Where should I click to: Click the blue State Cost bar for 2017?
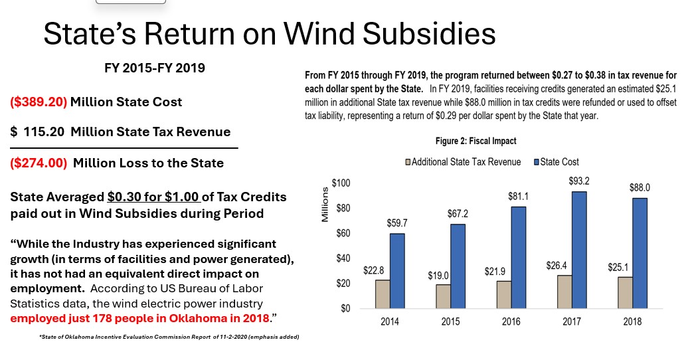[x=579, y=250]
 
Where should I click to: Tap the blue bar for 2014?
[x=397, y=270]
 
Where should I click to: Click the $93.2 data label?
[x=579, y=181]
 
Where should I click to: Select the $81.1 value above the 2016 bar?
[x=518, y=197]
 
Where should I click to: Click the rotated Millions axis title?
[x=325, y=205]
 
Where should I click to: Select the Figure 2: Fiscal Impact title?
[x=475, y=141]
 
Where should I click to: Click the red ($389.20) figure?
[x=39, y=102]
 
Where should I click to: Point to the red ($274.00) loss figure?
[x=39, y=163]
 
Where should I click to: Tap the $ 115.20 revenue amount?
[x=38, y=132]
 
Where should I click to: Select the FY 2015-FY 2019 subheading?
[x=154, y=68]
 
